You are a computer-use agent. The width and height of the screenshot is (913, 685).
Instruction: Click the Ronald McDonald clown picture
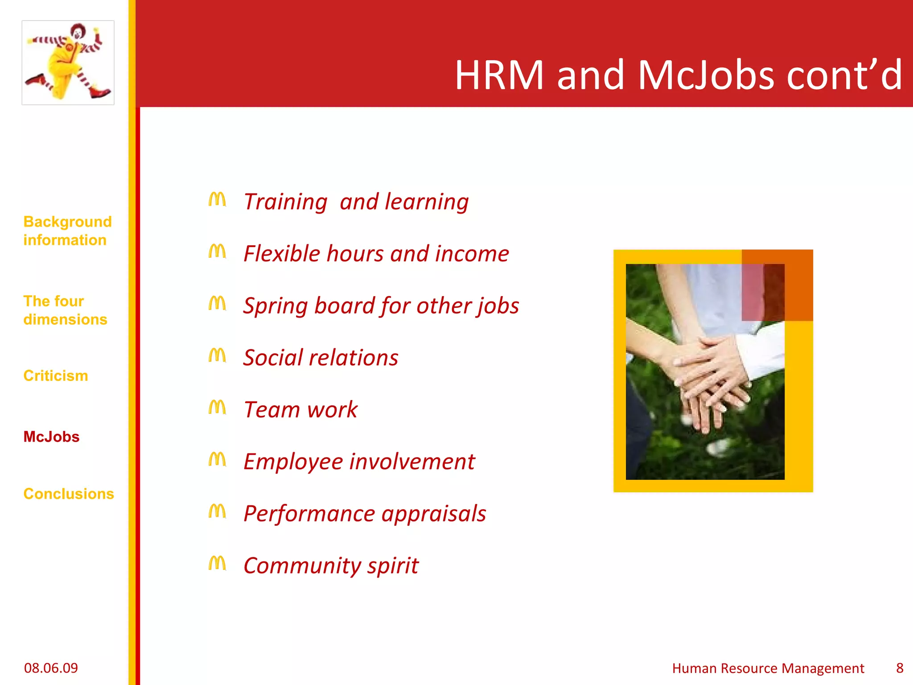(x=68, y=62)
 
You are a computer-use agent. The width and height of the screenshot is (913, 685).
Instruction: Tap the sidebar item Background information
(x=67, y=231)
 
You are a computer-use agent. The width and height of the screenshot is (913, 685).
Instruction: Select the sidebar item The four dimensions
(x=65, y=310)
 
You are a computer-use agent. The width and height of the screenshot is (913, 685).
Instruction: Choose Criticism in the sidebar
(x=56, y=376)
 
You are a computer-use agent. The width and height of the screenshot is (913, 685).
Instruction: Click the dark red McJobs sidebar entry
(x=51, y=437)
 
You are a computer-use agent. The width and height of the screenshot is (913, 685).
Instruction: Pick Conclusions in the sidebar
(x=69, y=494)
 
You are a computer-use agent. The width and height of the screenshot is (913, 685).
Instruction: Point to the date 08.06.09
(x=51, y=668)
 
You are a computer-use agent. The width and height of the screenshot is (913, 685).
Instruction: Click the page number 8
(x=900, y=668)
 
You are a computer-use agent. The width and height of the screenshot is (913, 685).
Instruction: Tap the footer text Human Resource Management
(x=768, y=668)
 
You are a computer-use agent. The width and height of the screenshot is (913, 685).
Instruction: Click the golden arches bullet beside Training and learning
(x=217, y=199)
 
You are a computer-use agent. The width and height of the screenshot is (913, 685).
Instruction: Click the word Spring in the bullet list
(x=275, y=306)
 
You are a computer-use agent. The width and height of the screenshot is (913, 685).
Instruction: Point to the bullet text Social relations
(x=321, y=358)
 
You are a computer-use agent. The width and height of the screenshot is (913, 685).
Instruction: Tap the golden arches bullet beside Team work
(x=217, y=407)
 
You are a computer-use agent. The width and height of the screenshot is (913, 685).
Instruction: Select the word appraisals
(x=433, y=514)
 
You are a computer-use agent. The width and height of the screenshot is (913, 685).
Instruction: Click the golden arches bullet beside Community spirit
(x=217, y=563)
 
